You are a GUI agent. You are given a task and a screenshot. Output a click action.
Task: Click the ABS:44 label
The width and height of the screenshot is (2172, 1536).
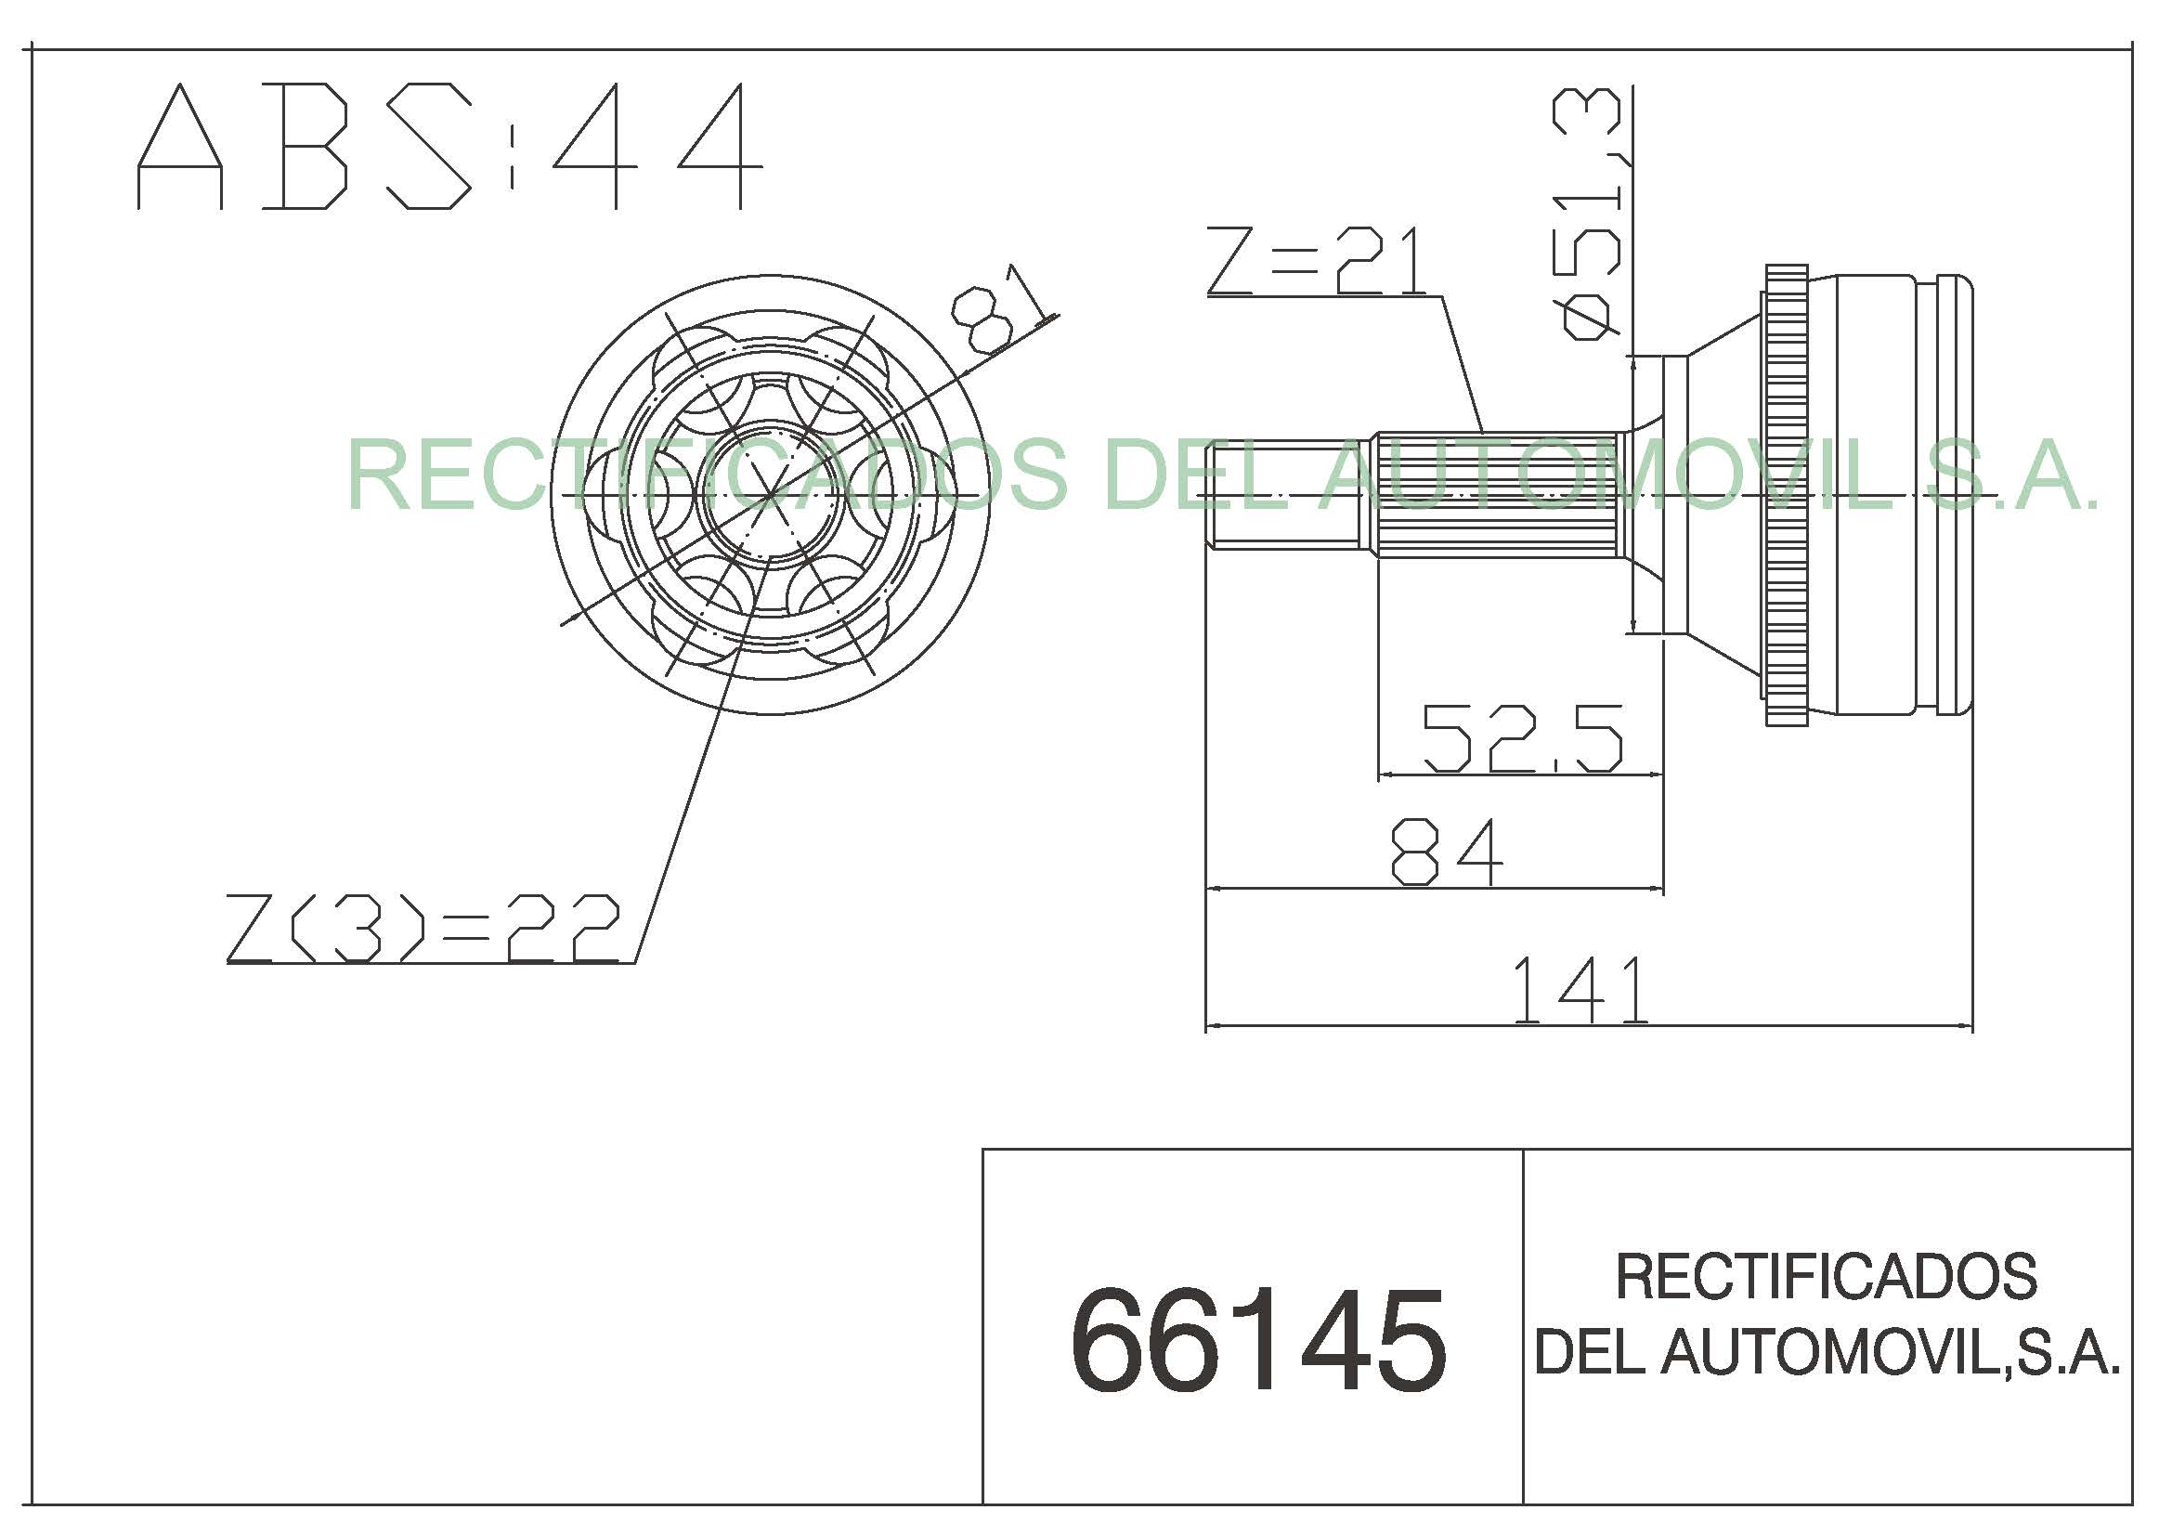449,146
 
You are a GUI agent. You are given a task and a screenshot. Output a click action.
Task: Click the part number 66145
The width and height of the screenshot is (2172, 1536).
1258,1341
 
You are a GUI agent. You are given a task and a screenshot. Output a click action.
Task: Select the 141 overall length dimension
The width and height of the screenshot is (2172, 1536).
1580,990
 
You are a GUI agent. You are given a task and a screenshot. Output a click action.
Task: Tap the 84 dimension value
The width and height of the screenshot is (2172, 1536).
1447,853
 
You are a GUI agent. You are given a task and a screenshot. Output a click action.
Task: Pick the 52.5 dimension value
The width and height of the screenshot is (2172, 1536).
1523,737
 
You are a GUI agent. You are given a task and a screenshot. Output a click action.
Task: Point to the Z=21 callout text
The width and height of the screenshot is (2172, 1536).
1317,261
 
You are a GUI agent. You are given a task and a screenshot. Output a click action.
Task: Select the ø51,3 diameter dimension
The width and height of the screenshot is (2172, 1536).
1590,214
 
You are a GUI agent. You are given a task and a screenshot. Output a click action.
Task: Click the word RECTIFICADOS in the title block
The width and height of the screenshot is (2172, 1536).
1826,1276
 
